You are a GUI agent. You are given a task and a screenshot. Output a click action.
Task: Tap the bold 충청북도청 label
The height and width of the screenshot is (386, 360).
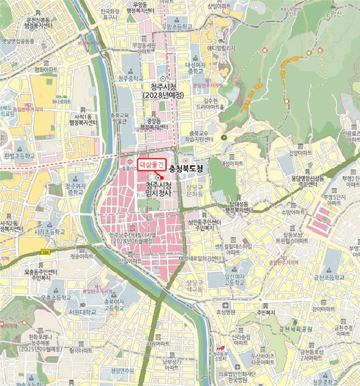coord(186,168)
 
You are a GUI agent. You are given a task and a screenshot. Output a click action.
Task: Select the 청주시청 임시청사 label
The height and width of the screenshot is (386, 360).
coord(159,189)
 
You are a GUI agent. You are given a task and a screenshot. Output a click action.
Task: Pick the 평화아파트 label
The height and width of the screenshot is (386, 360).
coord(46,70)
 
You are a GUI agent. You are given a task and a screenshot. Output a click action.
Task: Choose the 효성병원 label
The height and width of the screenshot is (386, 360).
coord(225,311)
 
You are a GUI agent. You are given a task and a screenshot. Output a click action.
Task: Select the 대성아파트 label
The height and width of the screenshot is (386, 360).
coord(232,163)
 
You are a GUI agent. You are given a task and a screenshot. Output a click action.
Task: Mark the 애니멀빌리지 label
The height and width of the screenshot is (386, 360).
coord(221,48)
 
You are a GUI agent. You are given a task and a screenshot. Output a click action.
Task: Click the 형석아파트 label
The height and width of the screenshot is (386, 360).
coord(81,350)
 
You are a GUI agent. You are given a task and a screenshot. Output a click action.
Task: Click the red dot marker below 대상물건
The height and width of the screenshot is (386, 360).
coord(158,176)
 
